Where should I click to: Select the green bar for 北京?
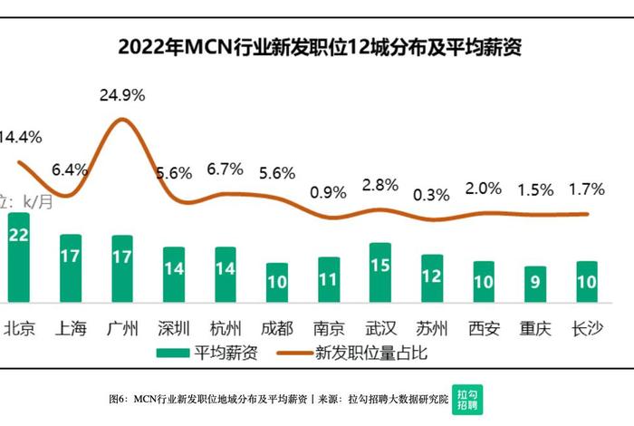click(x=19, y=257)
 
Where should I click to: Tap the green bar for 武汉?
click(x=380, y=272)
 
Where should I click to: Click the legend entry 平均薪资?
click(x=208, y=353)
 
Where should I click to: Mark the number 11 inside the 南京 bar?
click(x=329, y=282)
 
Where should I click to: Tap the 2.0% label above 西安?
click(x=483, y=189)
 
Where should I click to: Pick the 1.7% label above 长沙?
click(x=586, y=190)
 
